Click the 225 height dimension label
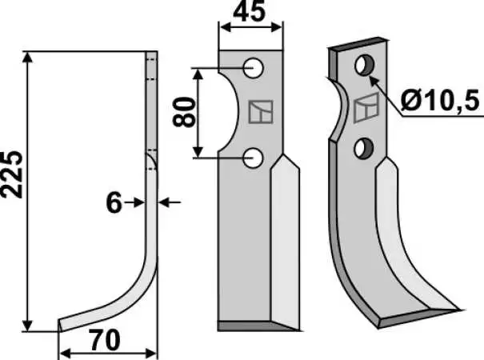[x=12, y=174]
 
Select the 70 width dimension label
[x=104, y=340]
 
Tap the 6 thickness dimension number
[x=114, y=202]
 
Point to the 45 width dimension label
[x=250, y=12]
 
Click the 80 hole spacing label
[x=184, y=112]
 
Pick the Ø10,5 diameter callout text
[x=441, y=101]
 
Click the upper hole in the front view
[x=253, y=68]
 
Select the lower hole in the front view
[x=253, y=158]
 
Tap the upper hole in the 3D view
[x=365, y=65]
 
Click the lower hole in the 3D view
[x=364, y=149]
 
